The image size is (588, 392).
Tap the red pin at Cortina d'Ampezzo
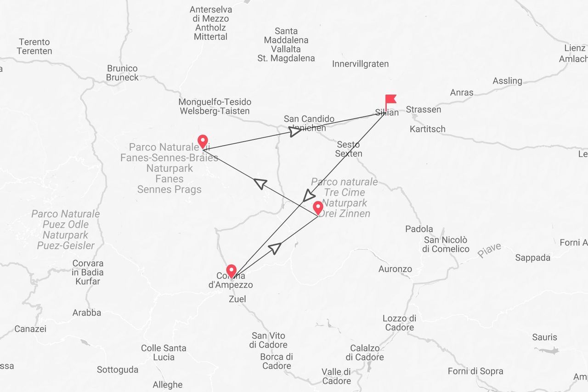pos(231,271)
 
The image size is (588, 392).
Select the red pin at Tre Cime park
pos(317,208)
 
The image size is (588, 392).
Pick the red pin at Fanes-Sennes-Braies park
pos(202,141)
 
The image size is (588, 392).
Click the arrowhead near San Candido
pos(295,131)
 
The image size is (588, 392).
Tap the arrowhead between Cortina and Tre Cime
pos(275,248)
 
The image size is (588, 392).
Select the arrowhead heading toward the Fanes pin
pos(260,183)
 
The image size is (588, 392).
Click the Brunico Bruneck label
pos(122,73)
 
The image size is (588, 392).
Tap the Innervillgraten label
pos(360,64)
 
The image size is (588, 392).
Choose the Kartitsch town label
pos(427,129)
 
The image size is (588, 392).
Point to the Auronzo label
pos(395,269)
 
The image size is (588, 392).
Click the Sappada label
pos(532,258)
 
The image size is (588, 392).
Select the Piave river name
pos(489,250)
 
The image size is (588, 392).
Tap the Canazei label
pos(30,329)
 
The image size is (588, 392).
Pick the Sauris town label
pos(544,337)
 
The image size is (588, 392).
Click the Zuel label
pos(237,299)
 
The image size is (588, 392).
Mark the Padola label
pos(419,229)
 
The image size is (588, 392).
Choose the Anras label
pos(462,92)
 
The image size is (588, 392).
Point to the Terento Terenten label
pos(34,46)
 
